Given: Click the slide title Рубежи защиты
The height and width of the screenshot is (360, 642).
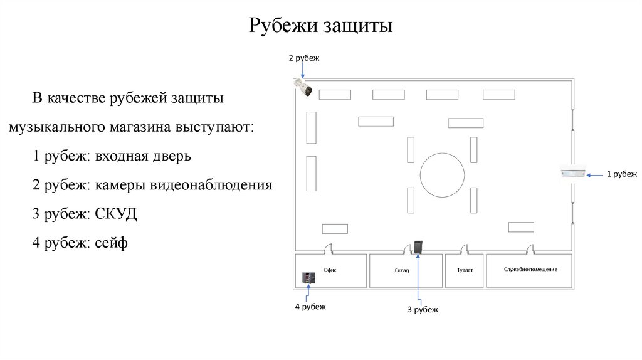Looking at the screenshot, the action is pos(320,26).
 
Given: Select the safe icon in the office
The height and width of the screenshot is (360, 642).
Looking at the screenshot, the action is pos(308,278).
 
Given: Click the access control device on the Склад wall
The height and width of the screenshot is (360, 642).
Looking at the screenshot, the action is pos(418,248).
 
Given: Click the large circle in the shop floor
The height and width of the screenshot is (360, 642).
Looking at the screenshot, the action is pos(443,174).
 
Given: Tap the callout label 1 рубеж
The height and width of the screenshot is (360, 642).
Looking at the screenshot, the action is pos(621,174).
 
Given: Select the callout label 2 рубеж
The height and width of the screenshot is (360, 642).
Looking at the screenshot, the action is pos(304,58).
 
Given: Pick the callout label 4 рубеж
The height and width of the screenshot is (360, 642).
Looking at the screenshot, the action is pos(310,307).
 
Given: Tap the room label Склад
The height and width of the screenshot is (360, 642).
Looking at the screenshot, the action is pos(402,270).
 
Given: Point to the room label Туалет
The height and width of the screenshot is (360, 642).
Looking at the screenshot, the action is pos(464,270).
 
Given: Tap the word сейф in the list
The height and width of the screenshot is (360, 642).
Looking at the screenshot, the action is pos(112,242).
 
